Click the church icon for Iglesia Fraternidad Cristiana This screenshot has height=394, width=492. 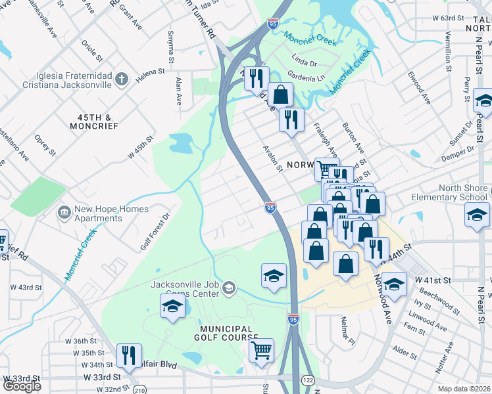tap(120, 80)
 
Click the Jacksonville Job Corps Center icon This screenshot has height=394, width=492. tap(229, 287)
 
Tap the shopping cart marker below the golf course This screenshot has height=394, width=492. tap(261, 349)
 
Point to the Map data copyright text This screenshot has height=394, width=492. tap(464, 389)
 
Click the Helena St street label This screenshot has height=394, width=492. tap(150, 72)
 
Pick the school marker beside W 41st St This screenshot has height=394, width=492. tap(394, 284)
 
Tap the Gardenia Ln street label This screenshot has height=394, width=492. tap(308, 78)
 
